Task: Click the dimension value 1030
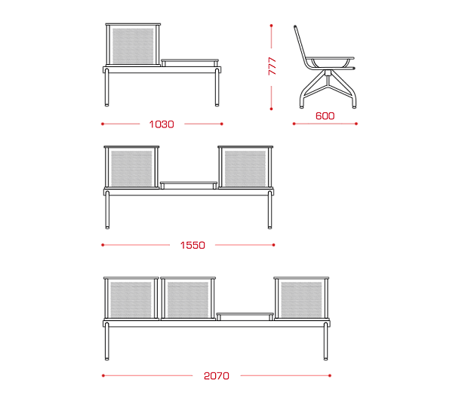coord(162,124)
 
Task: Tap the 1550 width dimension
coord(193,245)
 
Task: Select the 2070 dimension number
coord(217,376)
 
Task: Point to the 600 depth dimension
coord(325,116)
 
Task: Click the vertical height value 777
coord(272,66)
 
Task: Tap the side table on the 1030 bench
coord(189,63)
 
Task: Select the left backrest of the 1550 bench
coord(131,167)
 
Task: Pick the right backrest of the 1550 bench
coord(245,167)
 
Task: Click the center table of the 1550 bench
coord(189,185)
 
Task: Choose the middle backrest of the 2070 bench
coord(188,298)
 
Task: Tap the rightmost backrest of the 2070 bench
coord(301,298)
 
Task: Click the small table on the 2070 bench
coord(245,317)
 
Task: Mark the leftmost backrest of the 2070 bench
coord(131,298)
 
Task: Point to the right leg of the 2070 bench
coord(325,341)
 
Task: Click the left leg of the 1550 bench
coord(107,210)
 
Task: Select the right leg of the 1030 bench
coord(217,87)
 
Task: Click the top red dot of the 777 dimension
coord(271,26)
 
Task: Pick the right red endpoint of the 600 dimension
coord(356,124)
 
